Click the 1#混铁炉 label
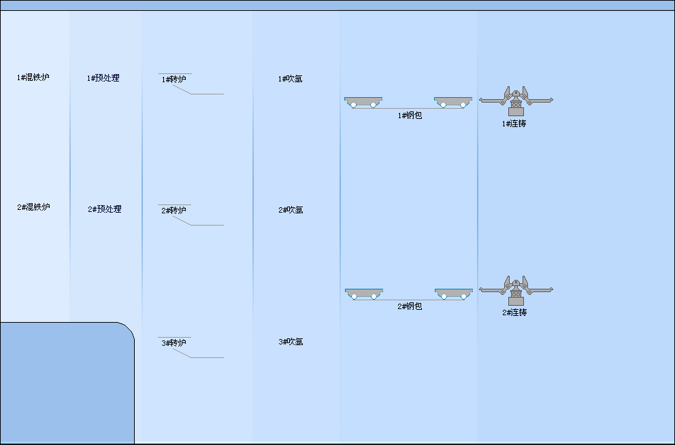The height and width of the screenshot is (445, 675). click(x=33, y=77)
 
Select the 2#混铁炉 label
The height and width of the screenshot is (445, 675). click(x=33, y=207)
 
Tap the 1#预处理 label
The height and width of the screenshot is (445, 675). click(x=103, y=78)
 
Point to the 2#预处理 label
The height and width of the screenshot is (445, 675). click(x=105, y=209)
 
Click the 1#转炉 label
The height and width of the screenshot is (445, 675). click(x=174, y=79)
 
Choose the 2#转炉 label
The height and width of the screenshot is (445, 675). click(x=174, y=211)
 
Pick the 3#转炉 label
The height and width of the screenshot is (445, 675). click(x=174, y=343)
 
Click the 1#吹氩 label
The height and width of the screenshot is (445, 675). click(x=290, y=79)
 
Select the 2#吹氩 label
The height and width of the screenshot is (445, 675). click(x=291, y=210)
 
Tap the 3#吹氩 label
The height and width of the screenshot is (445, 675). click(x=291, y=342)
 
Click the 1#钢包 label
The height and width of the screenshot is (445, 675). click(x=410, y=115)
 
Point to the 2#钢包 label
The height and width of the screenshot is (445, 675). click(x=410, y=306)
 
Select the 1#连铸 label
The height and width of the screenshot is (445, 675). click(x=514, y=124)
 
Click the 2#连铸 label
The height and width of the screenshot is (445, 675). click(x=514, y=313)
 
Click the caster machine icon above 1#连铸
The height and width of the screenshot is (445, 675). click(x=516, y=101)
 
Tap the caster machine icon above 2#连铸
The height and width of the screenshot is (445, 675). click(x=516, y=290)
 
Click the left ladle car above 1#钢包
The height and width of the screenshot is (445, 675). click(x=363, y=102)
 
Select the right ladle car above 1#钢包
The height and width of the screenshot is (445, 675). click(x=453, y=102)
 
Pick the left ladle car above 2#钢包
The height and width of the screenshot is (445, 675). click(x=363, y=293)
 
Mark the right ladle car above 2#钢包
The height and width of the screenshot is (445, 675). click(x=453, y=293)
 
